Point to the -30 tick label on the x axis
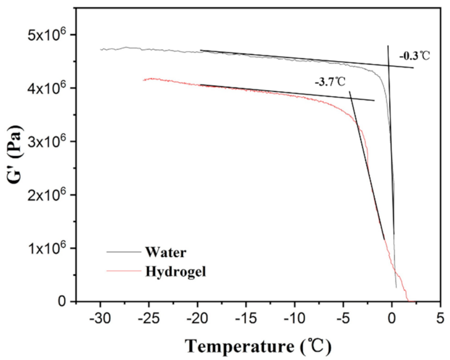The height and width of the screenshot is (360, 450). [99, 320]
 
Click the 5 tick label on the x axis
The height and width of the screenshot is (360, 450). [440, 320]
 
